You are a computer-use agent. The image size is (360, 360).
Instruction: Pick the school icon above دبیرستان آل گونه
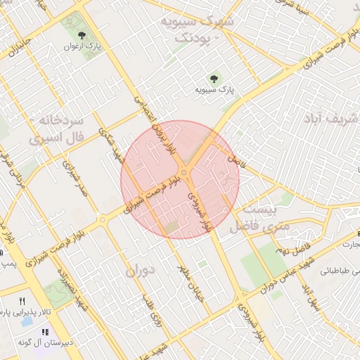click(45, 332)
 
